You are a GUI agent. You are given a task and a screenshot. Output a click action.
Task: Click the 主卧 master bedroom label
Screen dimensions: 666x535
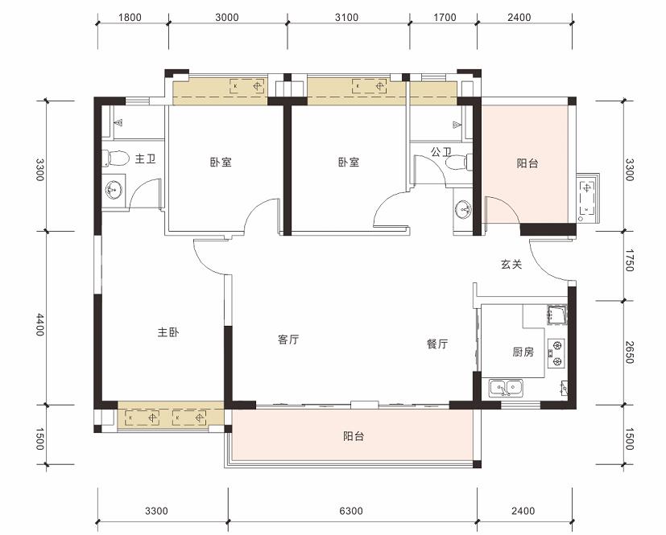click(x=168, y=332)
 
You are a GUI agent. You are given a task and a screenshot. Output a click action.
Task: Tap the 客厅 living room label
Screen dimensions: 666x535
click(x=288, y=340)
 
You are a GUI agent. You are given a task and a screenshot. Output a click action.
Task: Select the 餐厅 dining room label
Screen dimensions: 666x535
click(x=437, y=344)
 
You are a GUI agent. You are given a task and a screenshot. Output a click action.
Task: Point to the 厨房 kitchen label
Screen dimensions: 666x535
click(x=523, y=352)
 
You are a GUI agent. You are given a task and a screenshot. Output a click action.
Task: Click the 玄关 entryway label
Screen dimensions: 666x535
click(x=511, y=265)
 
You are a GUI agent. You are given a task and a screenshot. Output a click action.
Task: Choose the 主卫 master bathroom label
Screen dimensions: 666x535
click(x=146, y=159)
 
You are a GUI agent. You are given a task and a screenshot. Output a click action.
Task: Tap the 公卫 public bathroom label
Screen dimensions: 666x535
click(x=441, y=151)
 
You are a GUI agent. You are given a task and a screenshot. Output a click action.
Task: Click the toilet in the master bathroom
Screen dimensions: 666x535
click(x=115, y=158)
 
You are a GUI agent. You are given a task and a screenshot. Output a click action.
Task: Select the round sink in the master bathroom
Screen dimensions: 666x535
click(x=114, y=189)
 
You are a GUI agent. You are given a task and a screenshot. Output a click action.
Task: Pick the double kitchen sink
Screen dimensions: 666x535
click(x=506, y=388)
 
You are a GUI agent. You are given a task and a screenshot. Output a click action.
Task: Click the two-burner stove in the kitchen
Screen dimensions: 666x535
click(x=556, y=353)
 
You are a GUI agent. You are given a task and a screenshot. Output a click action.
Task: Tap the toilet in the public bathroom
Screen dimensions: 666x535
click(x=458, y=162)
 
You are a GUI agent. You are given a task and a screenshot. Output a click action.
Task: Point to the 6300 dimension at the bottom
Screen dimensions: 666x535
click(x=351, y=511)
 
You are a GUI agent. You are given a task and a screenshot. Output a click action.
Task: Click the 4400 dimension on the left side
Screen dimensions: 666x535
click(x=39, y=324)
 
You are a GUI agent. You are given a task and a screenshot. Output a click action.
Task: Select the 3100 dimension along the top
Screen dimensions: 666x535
click(x=346, y=18)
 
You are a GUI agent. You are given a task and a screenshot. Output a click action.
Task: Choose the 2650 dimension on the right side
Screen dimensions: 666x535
click(x=630, y=352)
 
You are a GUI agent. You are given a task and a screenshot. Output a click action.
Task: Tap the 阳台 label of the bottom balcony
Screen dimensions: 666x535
click(x=354, y=436)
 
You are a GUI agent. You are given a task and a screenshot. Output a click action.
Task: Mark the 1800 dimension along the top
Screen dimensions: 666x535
click(x=130, y=18)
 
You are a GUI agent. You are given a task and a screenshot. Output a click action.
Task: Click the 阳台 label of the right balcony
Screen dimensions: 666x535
click(x=527, y=163)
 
